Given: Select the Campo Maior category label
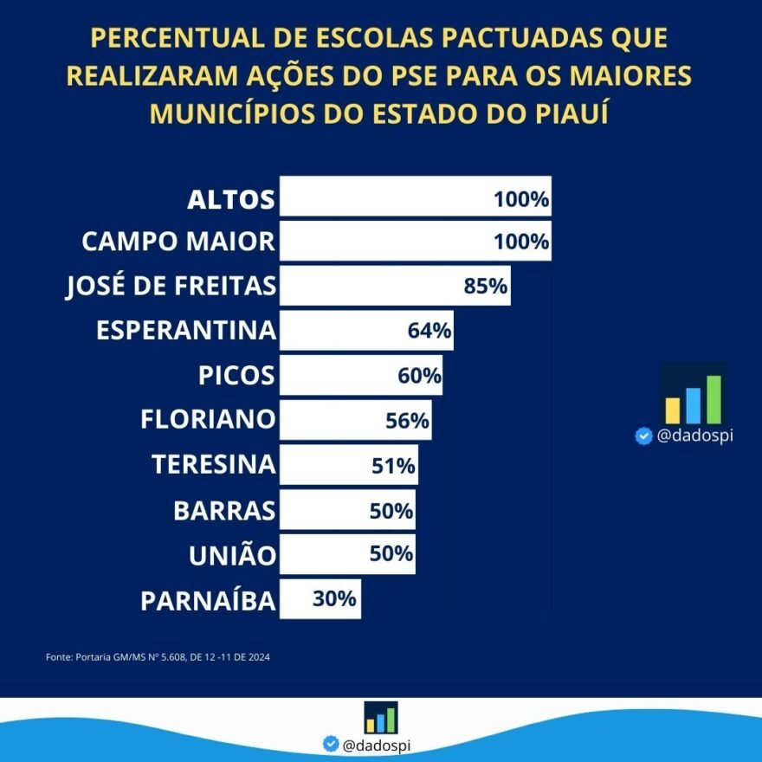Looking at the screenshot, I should pos(178,241).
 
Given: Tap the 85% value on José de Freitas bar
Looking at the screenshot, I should pos(486,286).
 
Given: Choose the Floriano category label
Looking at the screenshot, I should pos(208,421).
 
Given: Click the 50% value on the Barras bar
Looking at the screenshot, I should pos(391,510).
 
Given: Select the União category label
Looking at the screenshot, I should pos(232,555).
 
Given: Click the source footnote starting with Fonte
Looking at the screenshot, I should pos(158,657).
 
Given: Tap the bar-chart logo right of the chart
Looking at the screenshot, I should pos(693,394).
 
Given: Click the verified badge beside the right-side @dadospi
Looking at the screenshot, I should pos(643,436).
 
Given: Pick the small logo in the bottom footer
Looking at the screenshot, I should pos(381,717).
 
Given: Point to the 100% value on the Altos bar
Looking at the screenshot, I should pos(521,199).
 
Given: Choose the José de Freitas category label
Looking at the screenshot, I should pos(171,286).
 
